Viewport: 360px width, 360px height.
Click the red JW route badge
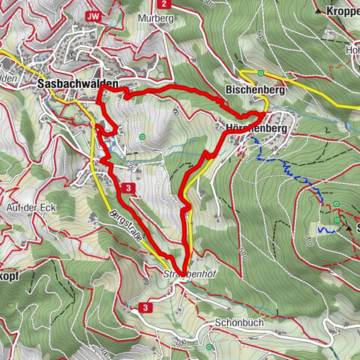click(93, 16)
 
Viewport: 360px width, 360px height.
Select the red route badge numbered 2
click(163, 4)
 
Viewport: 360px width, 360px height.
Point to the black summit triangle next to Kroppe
click(319, 12)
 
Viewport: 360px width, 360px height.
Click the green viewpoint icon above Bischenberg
click(260, 73)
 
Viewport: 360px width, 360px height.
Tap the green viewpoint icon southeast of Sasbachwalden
click(142, 136)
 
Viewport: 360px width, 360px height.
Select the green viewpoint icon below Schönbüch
click(210, 347)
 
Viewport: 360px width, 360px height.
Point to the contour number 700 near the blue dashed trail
click(308, 237)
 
